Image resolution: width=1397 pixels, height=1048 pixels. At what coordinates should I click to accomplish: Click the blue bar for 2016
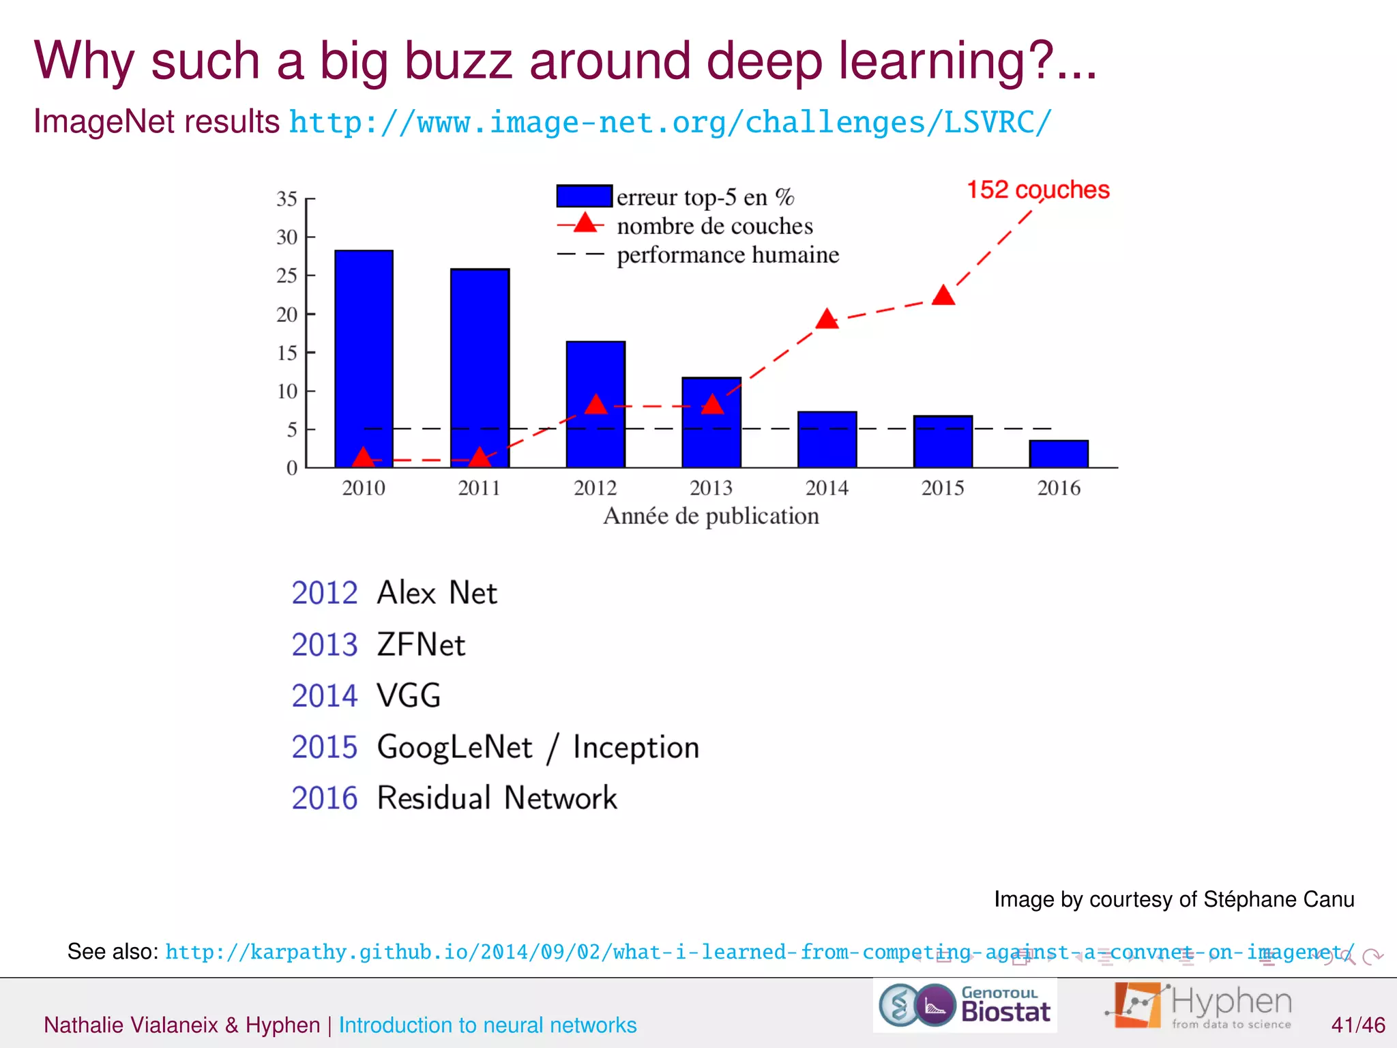tap(1059, 454)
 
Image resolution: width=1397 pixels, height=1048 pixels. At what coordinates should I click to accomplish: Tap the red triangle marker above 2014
tap(827, 319)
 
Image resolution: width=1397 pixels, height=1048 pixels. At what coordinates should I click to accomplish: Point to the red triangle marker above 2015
tap(943, 296)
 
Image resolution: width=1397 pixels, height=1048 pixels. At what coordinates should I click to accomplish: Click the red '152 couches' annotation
tap(1038, 190)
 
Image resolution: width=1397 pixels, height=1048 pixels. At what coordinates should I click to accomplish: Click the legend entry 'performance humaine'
tap(728, 255)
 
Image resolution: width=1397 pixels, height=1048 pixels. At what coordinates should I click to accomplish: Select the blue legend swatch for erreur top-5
tap(584, 196)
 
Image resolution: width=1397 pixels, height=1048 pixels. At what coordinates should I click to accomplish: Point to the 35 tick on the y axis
tap(287, 199)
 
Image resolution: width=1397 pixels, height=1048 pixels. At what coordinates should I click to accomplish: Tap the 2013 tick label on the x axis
tap(711, 488)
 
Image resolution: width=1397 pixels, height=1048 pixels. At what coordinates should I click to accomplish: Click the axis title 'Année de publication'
tap(711, 516)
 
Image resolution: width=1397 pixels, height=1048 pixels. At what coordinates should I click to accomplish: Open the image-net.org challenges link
tap(670, 123)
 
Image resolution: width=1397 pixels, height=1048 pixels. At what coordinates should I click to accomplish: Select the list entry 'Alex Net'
tap(437, 592)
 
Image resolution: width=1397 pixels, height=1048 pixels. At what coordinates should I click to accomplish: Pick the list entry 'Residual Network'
tap(497, 798)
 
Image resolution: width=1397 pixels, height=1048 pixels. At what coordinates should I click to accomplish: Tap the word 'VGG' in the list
tap(409, 696)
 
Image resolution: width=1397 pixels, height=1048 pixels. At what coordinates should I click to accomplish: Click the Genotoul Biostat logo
tap(965, 1006)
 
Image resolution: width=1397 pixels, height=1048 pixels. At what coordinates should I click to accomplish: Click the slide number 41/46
tap(1357, 1025)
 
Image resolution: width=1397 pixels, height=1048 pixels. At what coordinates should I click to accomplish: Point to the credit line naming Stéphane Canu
tap(1174, 899)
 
